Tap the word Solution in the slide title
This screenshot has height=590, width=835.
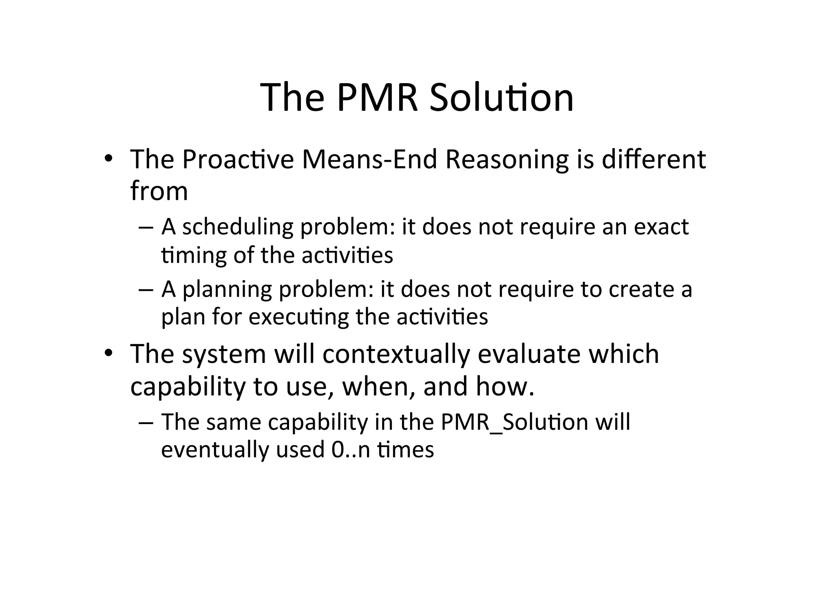pyautogui.click(x=501, y=98)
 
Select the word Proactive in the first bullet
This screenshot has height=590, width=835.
pyautogui.click(x=238, y=159)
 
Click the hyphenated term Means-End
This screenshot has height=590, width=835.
pyautogui.click(x=369, y=159)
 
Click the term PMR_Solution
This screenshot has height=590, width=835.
pyautogui.click(x=514, y=422)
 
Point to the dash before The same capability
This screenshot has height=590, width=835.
pyautogui.click(x=146, y=423)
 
